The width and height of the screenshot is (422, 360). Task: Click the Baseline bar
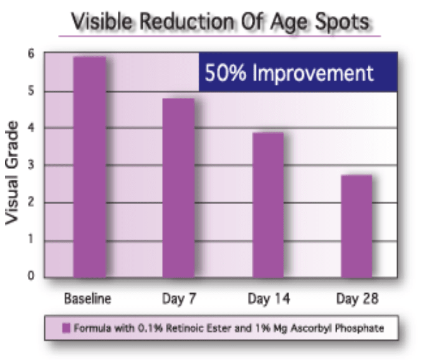[90, 167]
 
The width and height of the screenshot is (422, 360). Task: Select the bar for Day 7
[178, 188]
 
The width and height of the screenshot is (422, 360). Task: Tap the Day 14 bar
[268, 205]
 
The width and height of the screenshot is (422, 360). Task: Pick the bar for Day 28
[357, 226]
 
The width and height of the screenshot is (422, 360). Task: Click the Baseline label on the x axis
[88, 299]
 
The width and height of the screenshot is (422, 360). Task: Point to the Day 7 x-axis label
[179, 299]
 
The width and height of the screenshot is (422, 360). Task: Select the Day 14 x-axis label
[269, 299]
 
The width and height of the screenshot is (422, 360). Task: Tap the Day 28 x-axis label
[357, 299]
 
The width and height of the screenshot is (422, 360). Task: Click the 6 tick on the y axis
[31, 54]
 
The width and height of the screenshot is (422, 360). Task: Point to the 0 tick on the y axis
[31, 276]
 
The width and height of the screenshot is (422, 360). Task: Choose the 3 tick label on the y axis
[31, 165]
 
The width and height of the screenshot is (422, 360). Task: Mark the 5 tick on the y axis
[31, 91]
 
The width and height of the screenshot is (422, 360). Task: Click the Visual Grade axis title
[12, 173]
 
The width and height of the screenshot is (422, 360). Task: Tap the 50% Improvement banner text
[289, 73]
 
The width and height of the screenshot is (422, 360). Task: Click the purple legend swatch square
[66, 328]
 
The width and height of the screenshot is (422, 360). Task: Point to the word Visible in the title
[102, 21]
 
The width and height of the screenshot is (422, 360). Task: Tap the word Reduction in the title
[187, 21]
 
